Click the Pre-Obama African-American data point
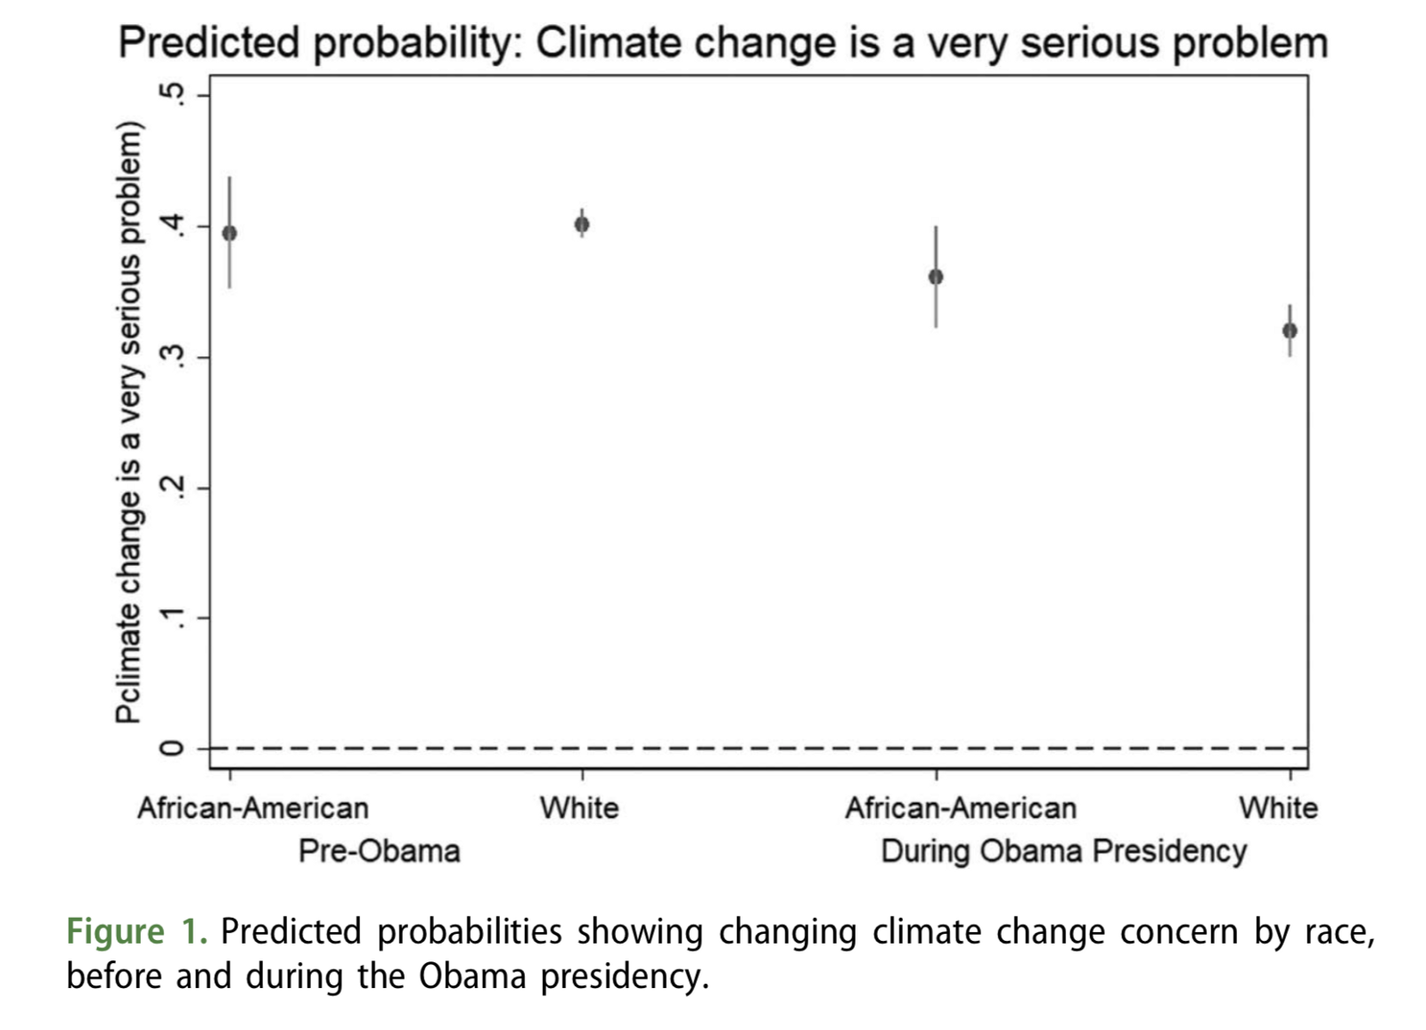[229, 233]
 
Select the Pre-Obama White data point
[582, 225]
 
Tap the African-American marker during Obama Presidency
[936, 277]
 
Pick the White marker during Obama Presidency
[1290, 331]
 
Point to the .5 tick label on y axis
[174, 94]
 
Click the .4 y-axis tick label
[174, 225]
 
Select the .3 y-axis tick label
[174, 356]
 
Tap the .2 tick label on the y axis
[174, 487]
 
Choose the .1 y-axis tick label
[174, 617]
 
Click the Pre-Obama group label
[379, 851]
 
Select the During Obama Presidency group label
[1063, 851]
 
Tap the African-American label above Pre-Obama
[252, 808]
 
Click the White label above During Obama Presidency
[1278, 808]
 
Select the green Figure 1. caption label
[136, 932]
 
